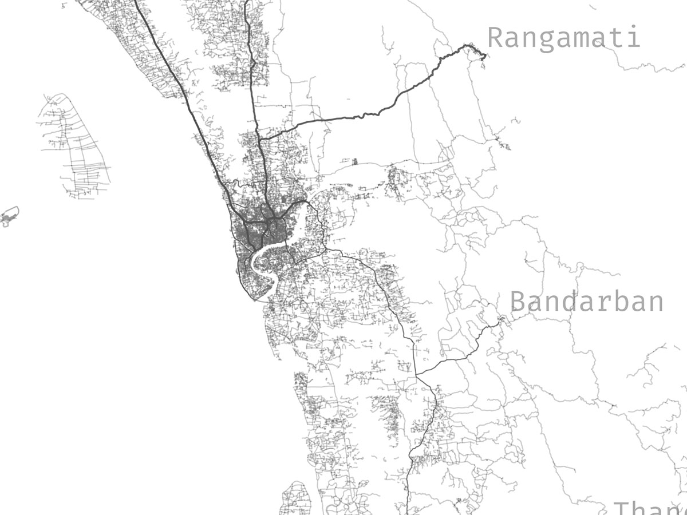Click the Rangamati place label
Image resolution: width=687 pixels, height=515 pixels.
(563, 38)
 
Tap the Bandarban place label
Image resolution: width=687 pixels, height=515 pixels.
(586, 302)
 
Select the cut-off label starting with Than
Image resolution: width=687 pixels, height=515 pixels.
(650, 508)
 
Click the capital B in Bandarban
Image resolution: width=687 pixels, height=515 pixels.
(518, 302)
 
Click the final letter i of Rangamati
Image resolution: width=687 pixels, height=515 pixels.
(633, 37)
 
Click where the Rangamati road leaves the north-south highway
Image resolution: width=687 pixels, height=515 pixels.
(259, 138)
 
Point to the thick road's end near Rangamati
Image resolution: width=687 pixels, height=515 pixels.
(484, 56)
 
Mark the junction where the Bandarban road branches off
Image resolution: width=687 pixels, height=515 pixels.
(416, 375)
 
